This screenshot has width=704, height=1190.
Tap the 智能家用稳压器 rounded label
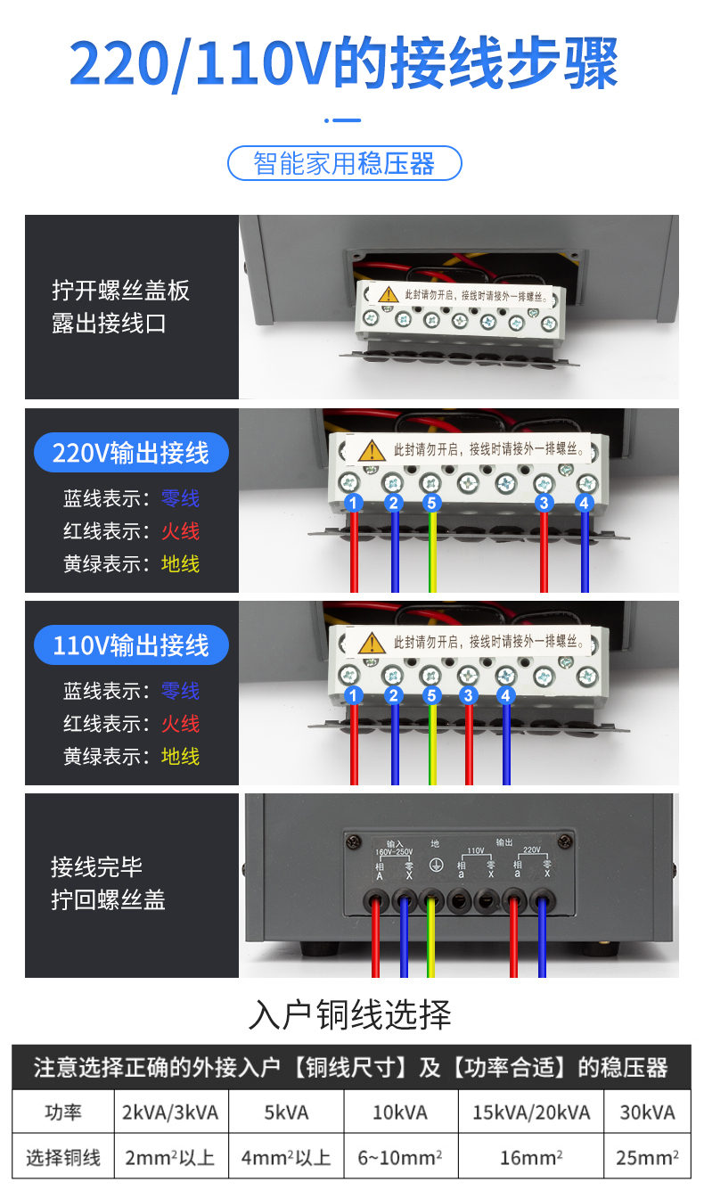coord(344,164)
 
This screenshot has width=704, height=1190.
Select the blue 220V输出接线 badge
coord(131,453)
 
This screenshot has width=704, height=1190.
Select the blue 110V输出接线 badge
coord(131,644)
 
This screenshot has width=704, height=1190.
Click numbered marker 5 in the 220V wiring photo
coord(432,504)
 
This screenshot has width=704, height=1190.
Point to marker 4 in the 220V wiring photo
coord(584,504)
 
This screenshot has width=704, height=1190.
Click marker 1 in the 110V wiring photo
coord(354,695)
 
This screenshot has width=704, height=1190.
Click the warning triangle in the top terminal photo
coord(388,294)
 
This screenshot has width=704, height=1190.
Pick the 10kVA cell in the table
coord(401,1112)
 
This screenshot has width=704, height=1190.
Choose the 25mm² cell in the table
coord(647,1158)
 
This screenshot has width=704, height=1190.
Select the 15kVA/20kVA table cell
coord(531,1112)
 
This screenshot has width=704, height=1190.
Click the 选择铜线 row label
coord(62,1158)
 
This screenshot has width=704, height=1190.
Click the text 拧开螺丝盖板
coord(120,291)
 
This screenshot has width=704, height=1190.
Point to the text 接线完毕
coord(96,866)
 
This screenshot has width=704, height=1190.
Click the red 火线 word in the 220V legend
coord(180,531)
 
